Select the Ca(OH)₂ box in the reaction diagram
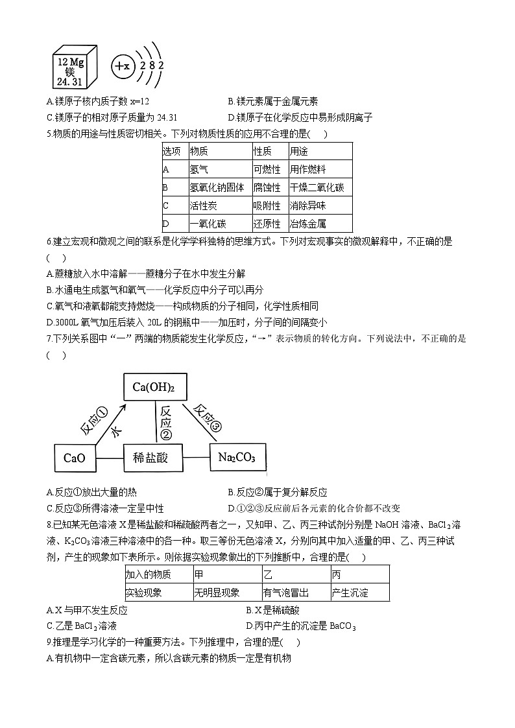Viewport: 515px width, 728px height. click(154, 388)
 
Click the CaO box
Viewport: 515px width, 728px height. click(75, 458)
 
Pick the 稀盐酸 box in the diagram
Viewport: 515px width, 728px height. click(150, 458)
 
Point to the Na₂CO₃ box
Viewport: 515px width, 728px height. click(237, 458)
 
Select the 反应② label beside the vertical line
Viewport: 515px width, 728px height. click(166, 421)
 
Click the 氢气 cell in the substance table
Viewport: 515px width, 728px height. click(198, 169)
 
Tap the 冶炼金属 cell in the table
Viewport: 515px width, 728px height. click(308, 224)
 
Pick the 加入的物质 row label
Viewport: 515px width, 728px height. click(148, 574)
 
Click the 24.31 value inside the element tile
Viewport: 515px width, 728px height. click(69, 82)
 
